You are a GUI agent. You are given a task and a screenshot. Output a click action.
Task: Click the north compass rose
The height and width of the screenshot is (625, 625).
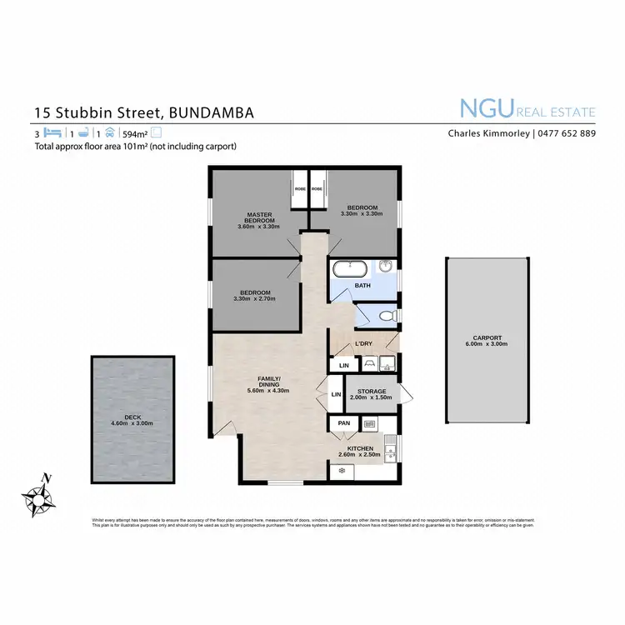coord(39,497)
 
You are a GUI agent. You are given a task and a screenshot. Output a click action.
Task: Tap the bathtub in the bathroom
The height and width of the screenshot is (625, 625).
coord(349,269)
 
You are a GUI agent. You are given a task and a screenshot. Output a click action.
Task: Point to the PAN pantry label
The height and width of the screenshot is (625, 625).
coord(343,423)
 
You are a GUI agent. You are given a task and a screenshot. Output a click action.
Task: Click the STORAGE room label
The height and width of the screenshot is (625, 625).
coord(372,391)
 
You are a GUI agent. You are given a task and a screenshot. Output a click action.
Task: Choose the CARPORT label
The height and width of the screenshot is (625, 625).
coord(484,337)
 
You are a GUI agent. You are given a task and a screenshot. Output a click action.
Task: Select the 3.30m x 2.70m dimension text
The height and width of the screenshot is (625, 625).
coord(254,299)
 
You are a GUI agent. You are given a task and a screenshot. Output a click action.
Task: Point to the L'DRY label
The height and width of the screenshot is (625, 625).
coord(363,343)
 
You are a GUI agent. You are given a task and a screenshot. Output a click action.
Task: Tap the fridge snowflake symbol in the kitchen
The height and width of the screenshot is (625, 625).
coord(341,471)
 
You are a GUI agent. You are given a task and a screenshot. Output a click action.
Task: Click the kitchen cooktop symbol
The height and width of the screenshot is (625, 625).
coord(369,423)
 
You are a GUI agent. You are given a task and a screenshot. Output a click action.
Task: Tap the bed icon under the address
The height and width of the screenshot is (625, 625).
coord(54,132)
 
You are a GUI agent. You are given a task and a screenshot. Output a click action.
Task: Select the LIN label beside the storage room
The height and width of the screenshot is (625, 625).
coord(337,394)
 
